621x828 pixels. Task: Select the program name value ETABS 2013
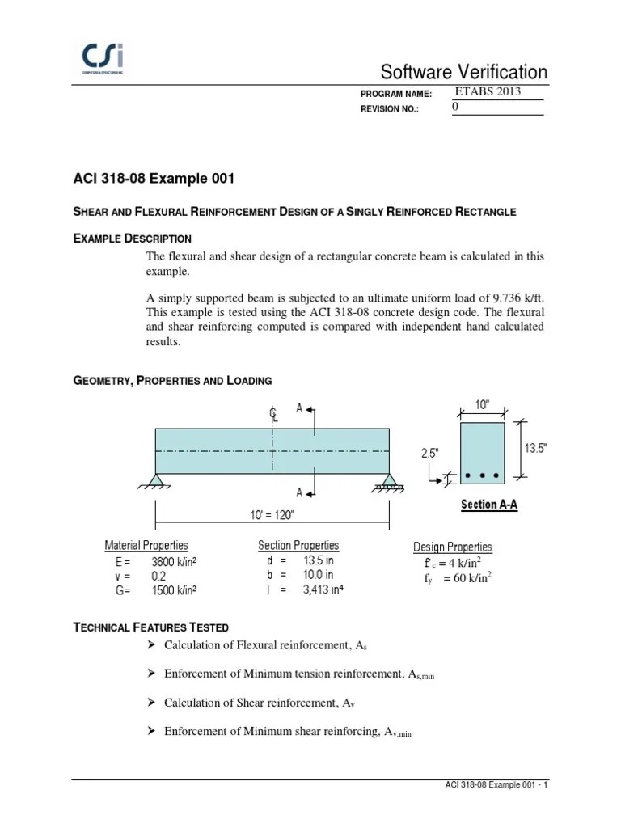488,91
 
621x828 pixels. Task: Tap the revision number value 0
454,108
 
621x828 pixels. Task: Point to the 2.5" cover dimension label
429,454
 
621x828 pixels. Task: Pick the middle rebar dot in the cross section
482,475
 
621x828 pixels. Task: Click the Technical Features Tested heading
151,627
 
